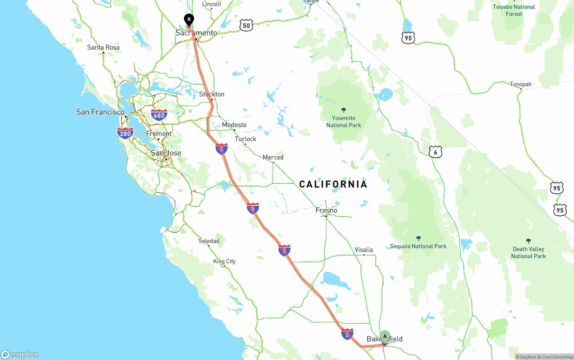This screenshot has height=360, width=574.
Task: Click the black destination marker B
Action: (189, 20)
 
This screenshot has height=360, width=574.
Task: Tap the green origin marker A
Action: (385, 336)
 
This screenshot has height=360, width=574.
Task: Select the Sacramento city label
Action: (196, 33)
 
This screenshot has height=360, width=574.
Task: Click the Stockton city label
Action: (212, 94)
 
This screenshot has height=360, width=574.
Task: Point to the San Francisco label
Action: (100, 112)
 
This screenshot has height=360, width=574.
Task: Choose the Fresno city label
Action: (326, 210)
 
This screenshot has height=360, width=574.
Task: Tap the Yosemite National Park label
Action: (344, 121)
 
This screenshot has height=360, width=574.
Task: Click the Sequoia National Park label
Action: (418, 246)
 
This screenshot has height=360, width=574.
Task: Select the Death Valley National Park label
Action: (528, 252)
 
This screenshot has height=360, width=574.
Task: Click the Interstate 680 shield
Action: (159, 115)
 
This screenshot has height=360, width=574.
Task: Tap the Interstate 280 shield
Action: (125, 133)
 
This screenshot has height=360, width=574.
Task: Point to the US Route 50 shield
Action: (246, 26)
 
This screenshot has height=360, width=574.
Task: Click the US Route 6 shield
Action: (435, 152)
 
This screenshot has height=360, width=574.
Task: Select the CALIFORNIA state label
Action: (333, 184)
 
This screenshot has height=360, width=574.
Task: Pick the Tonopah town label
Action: (521, 84)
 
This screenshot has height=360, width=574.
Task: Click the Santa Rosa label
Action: (103, 48)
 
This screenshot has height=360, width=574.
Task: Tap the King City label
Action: (224, 261)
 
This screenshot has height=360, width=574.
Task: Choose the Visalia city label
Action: (364, 250)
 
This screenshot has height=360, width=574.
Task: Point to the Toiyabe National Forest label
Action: (514, 10)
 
